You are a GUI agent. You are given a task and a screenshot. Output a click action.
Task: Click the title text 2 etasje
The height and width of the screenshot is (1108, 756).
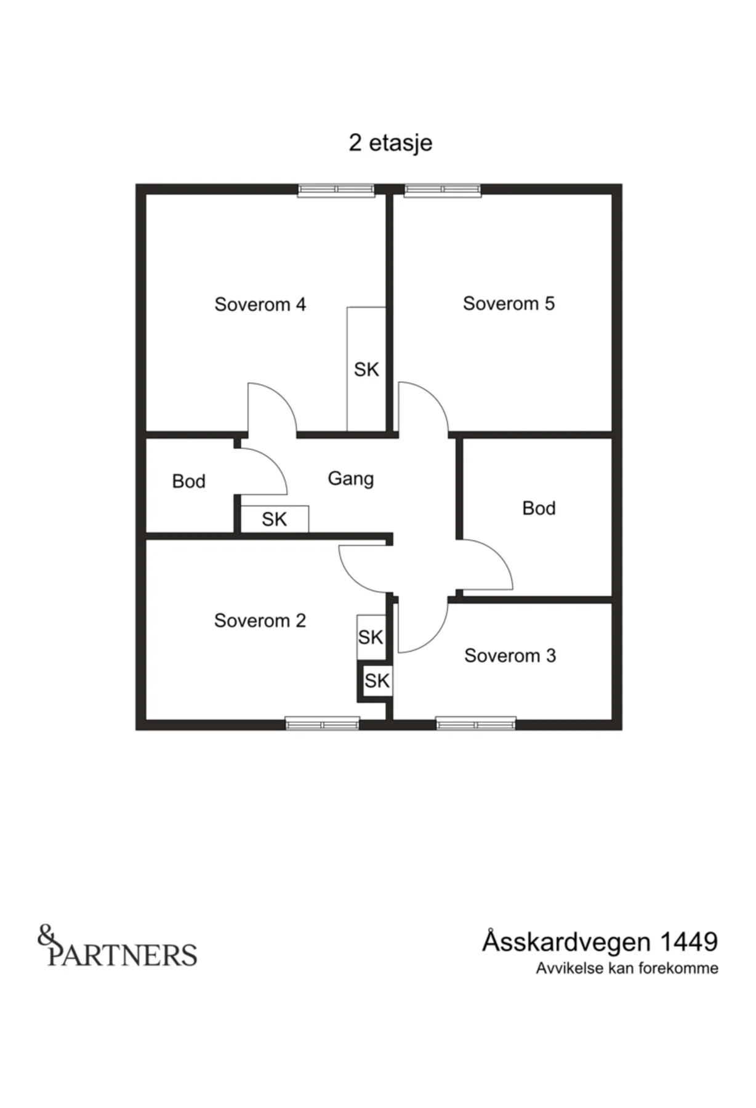point(390,143)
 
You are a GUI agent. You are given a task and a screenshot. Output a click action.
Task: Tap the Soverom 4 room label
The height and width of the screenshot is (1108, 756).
point(260,304)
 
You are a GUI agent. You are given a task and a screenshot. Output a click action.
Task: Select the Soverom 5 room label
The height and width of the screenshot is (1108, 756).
point(509,303)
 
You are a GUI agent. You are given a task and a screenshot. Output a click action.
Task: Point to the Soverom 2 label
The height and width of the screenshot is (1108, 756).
point(260,620)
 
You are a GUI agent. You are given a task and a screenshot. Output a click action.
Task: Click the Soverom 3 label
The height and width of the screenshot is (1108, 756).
point(510,656)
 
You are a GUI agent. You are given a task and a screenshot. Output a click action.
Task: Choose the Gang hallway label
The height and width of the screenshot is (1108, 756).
point(350,479)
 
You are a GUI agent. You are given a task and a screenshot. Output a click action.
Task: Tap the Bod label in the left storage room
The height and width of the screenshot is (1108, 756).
point(188,481)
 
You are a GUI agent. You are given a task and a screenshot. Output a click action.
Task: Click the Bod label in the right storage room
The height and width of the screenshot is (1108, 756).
point(539,508)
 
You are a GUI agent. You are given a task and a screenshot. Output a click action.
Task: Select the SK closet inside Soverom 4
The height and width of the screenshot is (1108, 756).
point(366,369)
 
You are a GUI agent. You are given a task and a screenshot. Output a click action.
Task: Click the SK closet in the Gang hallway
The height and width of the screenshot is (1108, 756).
point(275,519)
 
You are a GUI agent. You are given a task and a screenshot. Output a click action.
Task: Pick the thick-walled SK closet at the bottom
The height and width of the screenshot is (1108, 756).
point(375,681)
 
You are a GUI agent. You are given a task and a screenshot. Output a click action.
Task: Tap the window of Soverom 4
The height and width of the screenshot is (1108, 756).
point(336,190)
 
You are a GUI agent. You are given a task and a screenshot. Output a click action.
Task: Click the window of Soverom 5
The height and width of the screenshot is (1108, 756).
point(442,190)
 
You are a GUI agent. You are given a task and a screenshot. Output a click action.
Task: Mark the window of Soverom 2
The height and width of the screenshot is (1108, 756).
point(322,723)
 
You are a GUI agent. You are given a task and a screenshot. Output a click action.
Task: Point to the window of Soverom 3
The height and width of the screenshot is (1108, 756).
point(476,723)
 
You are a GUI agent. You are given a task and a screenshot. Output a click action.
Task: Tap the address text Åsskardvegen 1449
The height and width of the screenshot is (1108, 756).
point(600,942)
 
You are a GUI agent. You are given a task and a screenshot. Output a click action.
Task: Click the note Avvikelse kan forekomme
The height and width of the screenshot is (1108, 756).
point(627,968)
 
